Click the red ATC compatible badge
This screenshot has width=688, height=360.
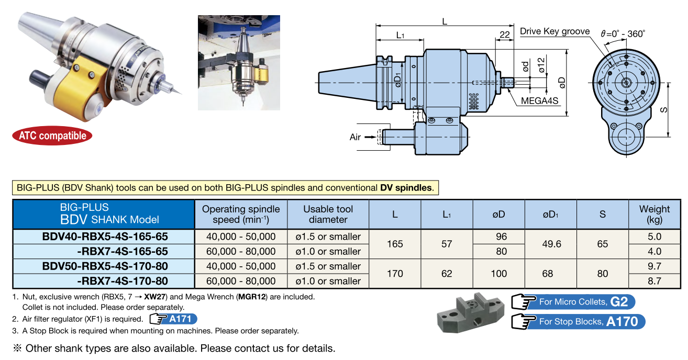click(x=52, y=136)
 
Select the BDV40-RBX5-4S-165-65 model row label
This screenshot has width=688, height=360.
click(x=105, y=237)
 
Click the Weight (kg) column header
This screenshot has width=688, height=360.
click(x=654, y=214)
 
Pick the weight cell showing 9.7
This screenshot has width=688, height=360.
click(x=654, y=266)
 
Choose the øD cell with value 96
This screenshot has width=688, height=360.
click(x=501, y=237)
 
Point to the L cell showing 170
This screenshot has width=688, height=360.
click(x=395, y=273)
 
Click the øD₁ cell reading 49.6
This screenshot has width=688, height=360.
click(x=552, y=244)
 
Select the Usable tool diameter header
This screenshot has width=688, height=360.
click(x=328, y=214)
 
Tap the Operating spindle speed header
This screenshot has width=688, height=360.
click(x=241, y=214)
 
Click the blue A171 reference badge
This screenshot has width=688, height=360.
click(x=173, y=319)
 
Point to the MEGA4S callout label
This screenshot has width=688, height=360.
click(x=539, y=101)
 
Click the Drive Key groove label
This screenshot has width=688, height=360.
click(x=554, y=32)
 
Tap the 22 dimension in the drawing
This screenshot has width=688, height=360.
click(x=505, y=35)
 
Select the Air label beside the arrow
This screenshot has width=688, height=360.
click(x=356, y=137)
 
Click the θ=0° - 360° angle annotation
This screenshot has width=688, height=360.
click(x=623, y=33)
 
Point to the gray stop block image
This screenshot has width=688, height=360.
click(x=470, y=313)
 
